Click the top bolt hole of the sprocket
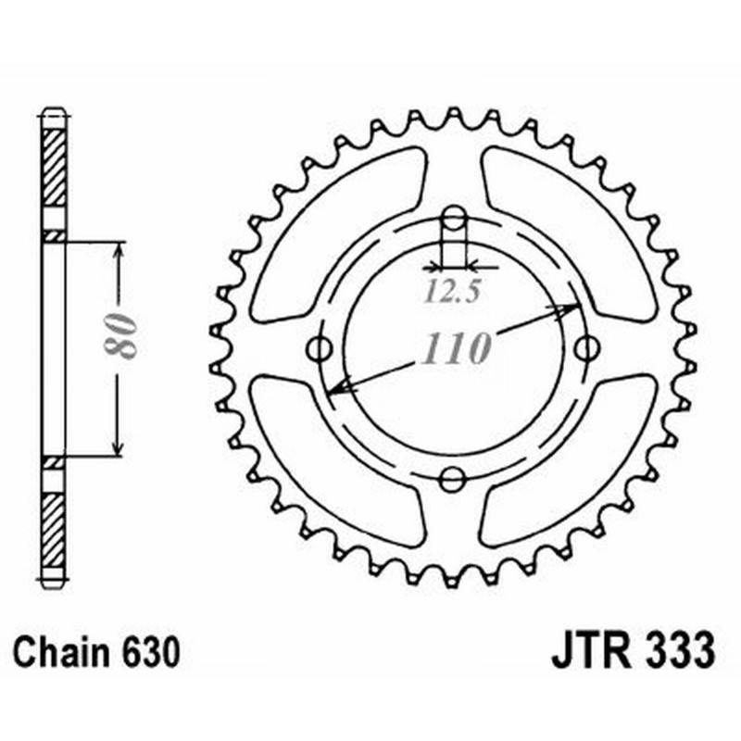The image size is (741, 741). [453, 220]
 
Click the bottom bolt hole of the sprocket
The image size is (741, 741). [452, 479]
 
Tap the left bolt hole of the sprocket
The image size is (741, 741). [321, 349]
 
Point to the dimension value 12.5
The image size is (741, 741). [453, 293]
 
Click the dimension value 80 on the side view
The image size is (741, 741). [121, 335]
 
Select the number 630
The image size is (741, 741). [147, 651]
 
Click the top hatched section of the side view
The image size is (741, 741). [55, 167]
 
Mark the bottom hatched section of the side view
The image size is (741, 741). [55, 528]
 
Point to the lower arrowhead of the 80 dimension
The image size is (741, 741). [118, 448]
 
